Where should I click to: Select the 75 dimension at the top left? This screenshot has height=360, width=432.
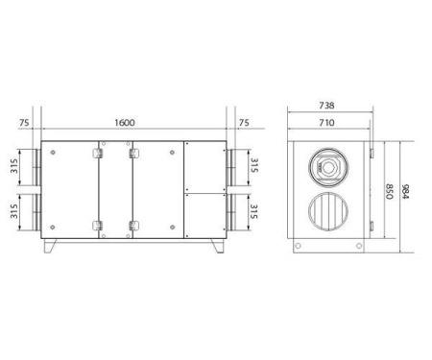[x=24, y=123]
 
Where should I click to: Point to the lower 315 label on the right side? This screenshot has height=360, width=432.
[x=253, y=210]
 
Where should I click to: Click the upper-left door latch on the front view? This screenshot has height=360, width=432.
[x=98, y=152]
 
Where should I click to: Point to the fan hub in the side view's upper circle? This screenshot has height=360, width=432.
[x=329, y=166]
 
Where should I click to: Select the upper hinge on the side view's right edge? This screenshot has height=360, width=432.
[x=369, y=154]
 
